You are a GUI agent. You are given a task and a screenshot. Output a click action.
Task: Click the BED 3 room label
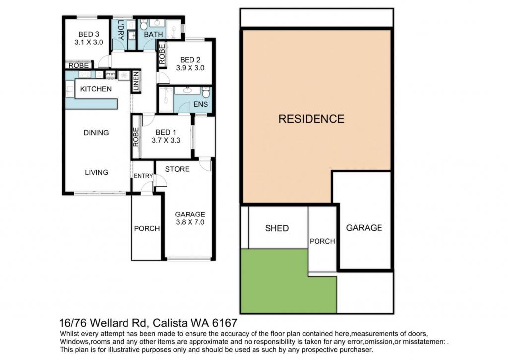pyautogui.click(x=89, y=34)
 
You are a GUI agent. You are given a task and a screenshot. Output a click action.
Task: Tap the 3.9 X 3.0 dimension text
pyautogui.click(x=190, y=68)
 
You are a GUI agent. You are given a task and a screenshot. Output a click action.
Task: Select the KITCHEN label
pyautogui.click(x=96, y=89)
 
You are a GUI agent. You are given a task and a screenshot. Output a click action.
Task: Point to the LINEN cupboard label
pyautogui.click(x=136, y=81)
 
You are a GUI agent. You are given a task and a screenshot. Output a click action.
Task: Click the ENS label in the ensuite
pyautogui.click(x=201, y=104)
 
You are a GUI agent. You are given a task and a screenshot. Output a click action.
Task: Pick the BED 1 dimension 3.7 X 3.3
pyautogui.click(x=166, y=140)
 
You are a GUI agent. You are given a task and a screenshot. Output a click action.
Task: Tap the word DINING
pyautogui.click(x=96, y=132)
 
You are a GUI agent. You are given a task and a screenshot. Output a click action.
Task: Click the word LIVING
pyautogui.click(x=97, y=172)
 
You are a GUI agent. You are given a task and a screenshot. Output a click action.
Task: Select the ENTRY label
pyautogui.click(x=143, y=176)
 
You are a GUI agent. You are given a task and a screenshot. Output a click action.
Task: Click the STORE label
pyautogui.click(x=177, y=169)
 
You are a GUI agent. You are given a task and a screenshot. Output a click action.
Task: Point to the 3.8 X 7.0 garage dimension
pyautogui.click(x=190, y=222)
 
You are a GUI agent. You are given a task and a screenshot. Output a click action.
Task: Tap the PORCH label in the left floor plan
pyautogui.click(x=147, y=228)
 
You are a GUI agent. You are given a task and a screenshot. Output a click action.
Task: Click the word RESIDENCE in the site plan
pyautogui.click(x=312, y=119)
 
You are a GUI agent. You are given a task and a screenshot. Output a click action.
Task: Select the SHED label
pyautogui.click(x=277, y=228)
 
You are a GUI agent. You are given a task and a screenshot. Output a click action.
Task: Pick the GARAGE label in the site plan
pyautogui.click(x=364, y=228)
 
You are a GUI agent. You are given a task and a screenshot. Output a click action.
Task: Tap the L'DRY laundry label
pyautogui.click(x=121, y=30)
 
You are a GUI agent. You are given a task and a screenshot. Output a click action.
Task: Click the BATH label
pyautogui.click(x=154, y=34)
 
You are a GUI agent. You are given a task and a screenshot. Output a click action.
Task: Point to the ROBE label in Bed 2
pyautogui.click(x=162, y=54)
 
